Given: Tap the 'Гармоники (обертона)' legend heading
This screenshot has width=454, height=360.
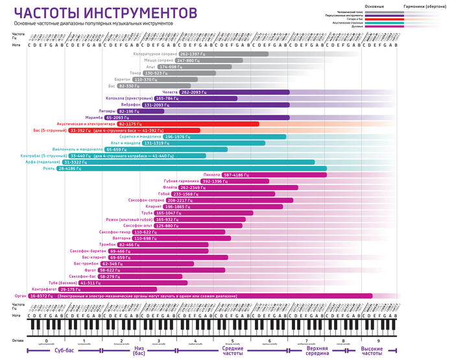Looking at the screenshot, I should [428, 5].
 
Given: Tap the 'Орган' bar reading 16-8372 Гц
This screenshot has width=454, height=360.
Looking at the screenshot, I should [195, 296].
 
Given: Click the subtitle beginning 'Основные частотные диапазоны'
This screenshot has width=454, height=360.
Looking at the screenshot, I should [93, 23].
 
